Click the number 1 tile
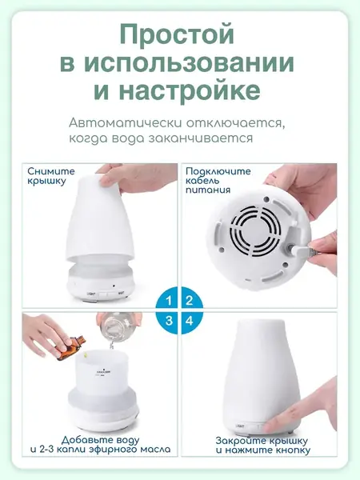[x=167, y=301]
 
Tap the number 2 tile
[x=190, y=301]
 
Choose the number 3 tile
[x=167, y=321]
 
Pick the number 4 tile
[x=190, y=321]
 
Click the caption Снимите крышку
[x=51, y=177]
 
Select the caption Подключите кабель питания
[x=218, y=182]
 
